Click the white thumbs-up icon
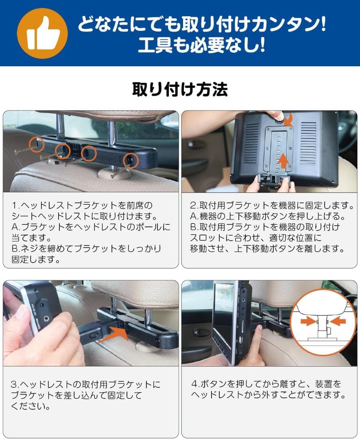click(42, 34)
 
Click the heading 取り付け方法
click(180, 89)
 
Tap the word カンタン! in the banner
click(289, 26)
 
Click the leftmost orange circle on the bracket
click(37, 143)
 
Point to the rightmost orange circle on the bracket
click(131, 160)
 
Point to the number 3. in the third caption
click(15, 384)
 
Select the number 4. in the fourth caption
click(194, 384)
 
